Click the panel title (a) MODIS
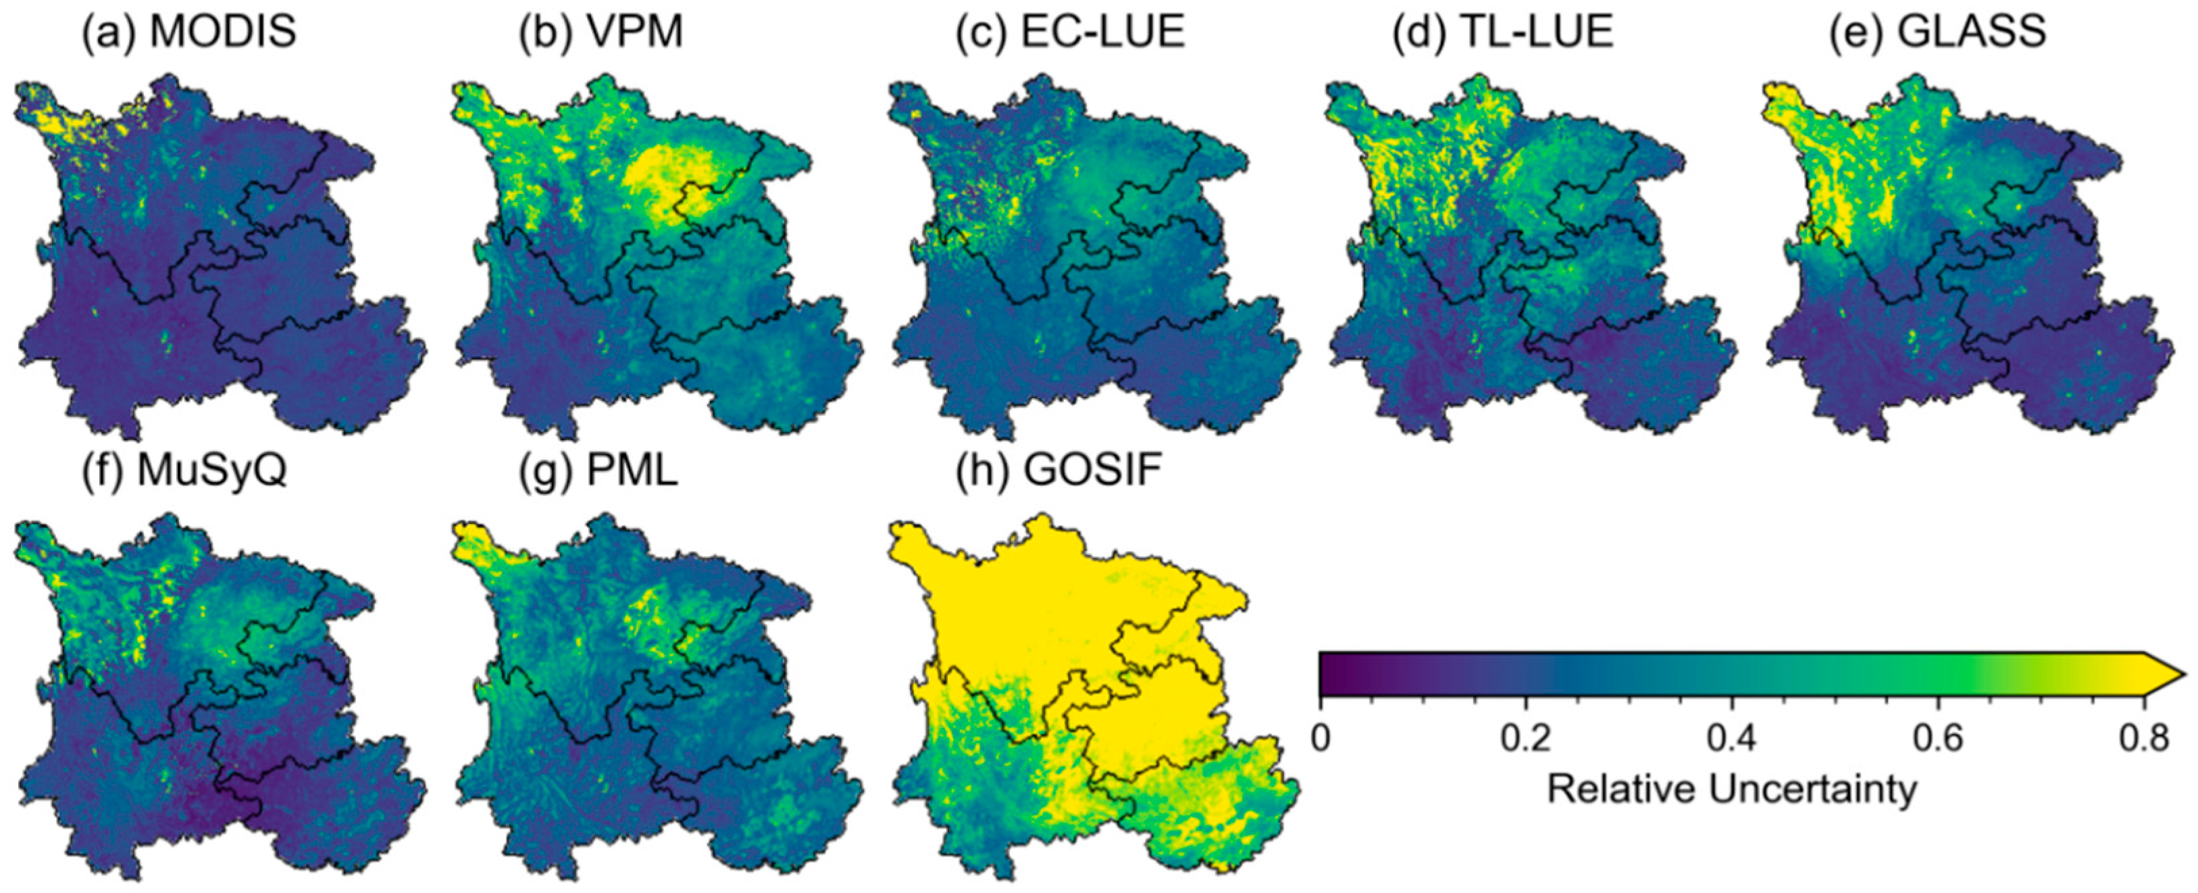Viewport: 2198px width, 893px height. pos(188,32)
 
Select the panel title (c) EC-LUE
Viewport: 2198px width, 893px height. pos(1071,32)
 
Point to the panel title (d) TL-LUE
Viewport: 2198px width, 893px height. pos(1502,32)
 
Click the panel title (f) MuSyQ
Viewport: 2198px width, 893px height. pos(184,471)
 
